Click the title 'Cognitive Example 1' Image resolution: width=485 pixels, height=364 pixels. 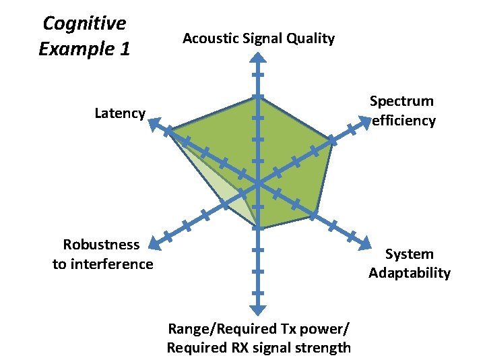coord(84,36)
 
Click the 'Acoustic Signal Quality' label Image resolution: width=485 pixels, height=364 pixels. coord(259,38)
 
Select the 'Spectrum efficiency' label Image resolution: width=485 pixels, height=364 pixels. coord(402,111)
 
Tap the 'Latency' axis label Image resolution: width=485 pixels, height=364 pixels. coord(120,113)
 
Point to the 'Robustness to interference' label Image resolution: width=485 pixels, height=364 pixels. coord(102,254)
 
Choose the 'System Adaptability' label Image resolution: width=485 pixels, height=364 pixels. coord(409,264)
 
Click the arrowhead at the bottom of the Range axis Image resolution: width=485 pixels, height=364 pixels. coord(257,309)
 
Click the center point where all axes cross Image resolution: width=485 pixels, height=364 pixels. coord(258,182)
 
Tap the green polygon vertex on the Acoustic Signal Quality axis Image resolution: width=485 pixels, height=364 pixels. coord(257,97)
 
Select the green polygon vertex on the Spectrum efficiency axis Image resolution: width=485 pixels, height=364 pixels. coord(332,140)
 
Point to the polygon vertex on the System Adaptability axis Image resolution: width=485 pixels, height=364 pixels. coord(315,214)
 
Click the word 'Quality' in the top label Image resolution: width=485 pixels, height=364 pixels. coord(311,38)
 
